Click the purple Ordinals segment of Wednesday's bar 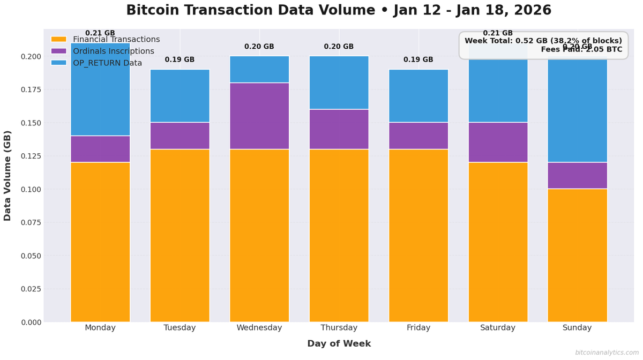click(x=259, y=116)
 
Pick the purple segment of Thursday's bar click(x=339, y=129)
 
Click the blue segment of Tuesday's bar click(x=180, y=96)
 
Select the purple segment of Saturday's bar click(x=498, y=142)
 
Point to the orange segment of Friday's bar click(x=418, y=236)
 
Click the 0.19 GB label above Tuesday click(x=180, y=60)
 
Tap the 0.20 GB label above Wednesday click(x=259, y=47)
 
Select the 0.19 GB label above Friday click(x=418, y=60)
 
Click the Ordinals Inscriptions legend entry click(x=113, y=51)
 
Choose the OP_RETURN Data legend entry click(x=107, y=63)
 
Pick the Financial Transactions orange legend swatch click(x=59, y=40)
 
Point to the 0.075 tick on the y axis click(x=31, y=222)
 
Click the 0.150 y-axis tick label click(x=31, y=123)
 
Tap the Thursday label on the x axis click(x=339, y=328)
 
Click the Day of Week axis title click(x=339, y=344)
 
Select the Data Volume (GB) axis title click(x=8, y=175)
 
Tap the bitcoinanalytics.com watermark click(x=607, y=352)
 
